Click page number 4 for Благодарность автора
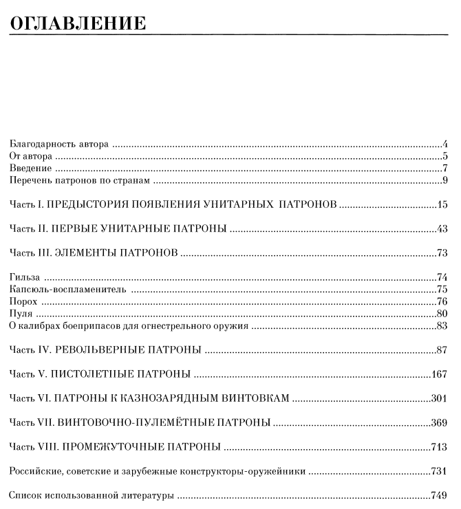446,144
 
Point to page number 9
446,181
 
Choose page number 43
443,229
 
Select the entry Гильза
25,277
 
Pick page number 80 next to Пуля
443,314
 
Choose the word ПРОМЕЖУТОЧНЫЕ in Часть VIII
119,447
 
